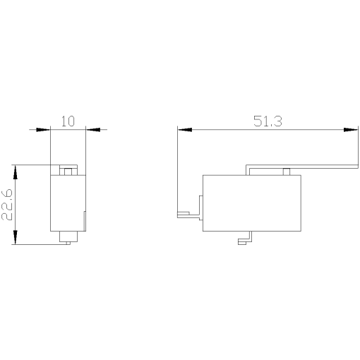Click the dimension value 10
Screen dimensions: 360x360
(x=68, y=121)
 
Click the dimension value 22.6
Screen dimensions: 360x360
(x=8, y=205)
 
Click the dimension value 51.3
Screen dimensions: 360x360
(x=268, y=121)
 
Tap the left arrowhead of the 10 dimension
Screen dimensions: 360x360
(x=44, y=129)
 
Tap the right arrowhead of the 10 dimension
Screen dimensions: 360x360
(x=92, y=129)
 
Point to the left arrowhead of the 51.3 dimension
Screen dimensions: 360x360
(x=184, y=129)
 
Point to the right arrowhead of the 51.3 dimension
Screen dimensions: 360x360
(x=349, y=129)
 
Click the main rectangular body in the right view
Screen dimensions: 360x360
(x=253, y=203)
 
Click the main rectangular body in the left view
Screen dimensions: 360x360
(x=67, y=203)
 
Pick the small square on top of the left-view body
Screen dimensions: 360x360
(x=67, y=171)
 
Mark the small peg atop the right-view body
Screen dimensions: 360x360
(x=286, y=172)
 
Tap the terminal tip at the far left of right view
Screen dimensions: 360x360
(x=183, y=212)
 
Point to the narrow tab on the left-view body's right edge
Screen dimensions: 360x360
(x=85, y=220)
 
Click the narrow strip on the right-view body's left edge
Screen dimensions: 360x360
(x=200, y=205)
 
